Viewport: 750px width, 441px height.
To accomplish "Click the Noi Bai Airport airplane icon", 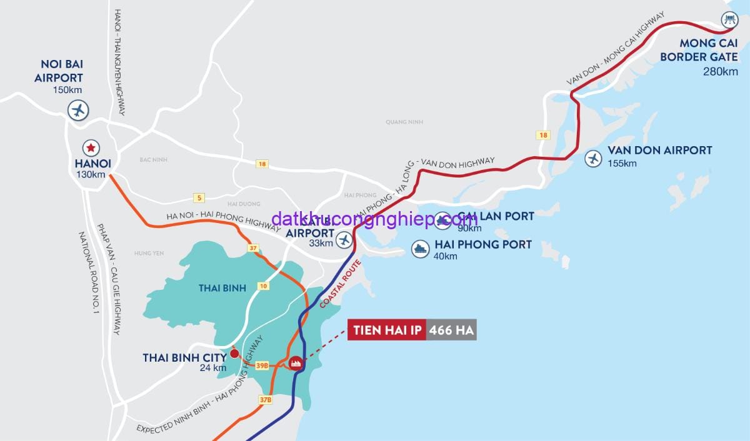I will [79, 111].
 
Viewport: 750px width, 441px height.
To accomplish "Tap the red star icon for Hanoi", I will [91, 148].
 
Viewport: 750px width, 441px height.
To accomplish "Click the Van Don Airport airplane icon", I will [592, 159].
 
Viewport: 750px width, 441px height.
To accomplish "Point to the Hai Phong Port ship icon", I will [419, 249].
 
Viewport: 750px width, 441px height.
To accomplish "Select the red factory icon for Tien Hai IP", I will [296, 362].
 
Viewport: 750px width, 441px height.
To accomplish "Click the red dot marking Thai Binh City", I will [234, 354].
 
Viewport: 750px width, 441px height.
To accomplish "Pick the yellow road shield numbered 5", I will [199, 198].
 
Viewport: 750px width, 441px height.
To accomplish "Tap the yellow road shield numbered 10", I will [263, 286].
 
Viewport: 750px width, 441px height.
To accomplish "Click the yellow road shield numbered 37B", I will [265, 399].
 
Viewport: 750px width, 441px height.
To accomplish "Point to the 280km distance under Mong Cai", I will [720, 71].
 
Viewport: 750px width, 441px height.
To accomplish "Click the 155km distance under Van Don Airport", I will [622, 164].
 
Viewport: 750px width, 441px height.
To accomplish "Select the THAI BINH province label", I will [222, 288].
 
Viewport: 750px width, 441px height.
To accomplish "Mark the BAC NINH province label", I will [154, 160].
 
